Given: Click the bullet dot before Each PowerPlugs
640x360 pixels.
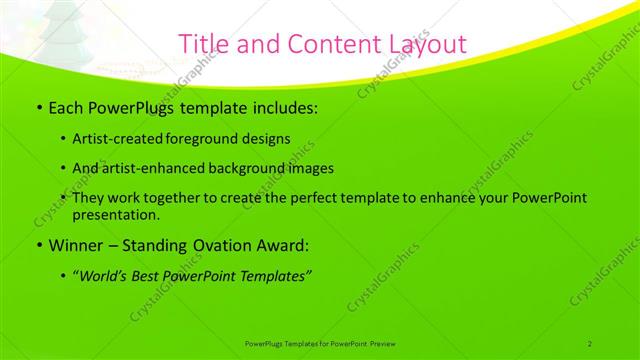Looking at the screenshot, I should point(38,107).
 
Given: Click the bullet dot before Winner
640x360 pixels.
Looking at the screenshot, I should point(38,244).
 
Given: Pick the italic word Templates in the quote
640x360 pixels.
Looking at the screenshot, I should point(273,275).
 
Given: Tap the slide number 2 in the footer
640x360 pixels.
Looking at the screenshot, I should point(589,343).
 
